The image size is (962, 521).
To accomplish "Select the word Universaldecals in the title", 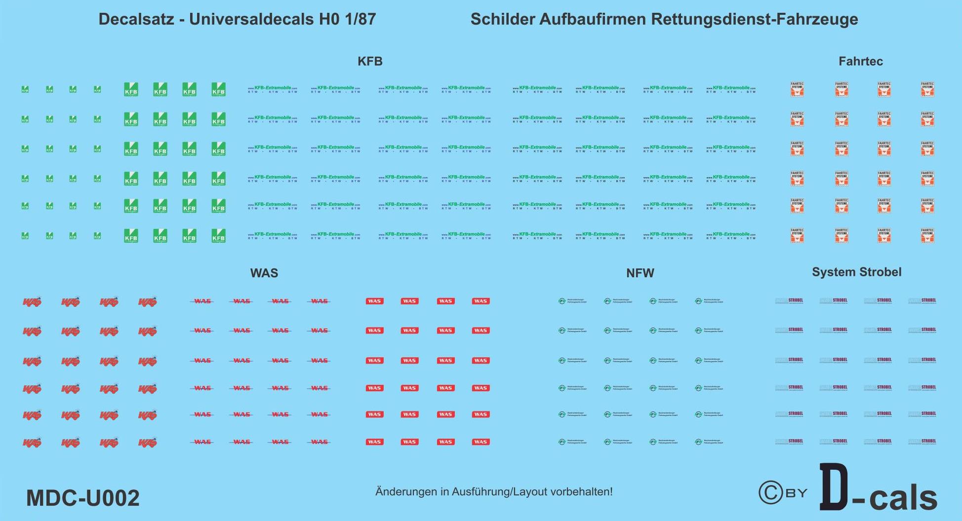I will (251, 19).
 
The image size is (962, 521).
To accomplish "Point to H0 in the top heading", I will (329, 19).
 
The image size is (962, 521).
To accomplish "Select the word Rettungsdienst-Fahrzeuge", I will (755, 19).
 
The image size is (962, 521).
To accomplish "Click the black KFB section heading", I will (370, 61).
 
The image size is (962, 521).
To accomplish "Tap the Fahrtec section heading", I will (860, 61).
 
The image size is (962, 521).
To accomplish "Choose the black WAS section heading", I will (264, 273).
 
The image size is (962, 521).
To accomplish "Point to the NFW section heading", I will (640, 273).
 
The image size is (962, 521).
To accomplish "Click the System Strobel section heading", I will (856, 272).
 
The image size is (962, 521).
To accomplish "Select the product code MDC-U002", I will (83, 498).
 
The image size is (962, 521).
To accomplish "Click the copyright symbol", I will (770, 492).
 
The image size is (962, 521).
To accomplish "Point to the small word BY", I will (796, 493).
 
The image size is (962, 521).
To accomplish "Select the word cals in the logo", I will (903, 498).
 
